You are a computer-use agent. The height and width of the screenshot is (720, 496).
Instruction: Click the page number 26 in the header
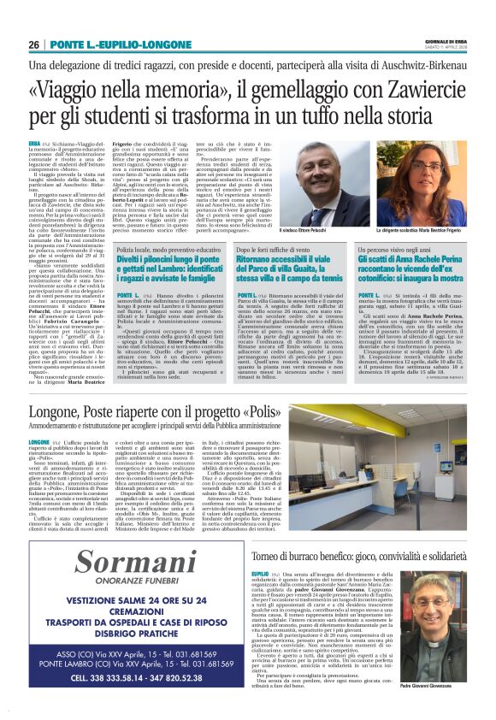[34, 44]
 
